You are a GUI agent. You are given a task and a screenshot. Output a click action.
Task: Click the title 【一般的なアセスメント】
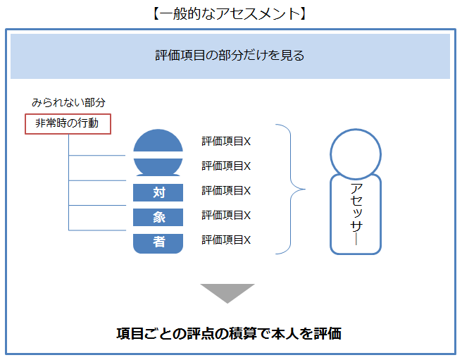[x=230, y=13]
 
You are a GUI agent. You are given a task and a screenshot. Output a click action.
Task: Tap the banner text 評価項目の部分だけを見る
[x=230, y=55]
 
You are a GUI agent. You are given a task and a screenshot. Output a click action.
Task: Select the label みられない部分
[x=68, y=103]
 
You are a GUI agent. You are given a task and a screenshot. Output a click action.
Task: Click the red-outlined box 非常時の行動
[x=67, y=123]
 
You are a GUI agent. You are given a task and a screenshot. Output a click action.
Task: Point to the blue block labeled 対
[x=158, y=192]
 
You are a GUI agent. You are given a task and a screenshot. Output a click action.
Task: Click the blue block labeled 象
[x=158, y=217]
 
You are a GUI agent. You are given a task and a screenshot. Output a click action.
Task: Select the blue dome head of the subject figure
[x=158, y=142]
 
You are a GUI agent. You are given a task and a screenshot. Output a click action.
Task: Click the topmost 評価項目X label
[x=226, y=142]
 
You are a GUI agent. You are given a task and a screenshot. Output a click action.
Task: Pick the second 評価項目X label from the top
[x=226, y=166]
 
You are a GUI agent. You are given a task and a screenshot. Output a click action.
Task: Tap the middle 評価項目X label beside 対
[x=226, y=191]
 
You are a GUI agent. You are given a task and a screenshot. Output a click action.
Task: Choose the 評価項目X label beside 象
[x=226, y=216]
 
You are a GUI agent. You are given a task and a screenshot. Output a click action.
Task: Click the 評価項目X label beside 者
[x=226, y=240]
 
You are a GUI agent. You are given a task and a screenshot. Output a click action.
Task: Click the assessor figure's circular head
[x=356, y=154]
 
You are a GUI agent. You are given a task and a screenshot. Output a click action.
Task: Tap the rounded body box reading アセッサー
[x=356, y=213]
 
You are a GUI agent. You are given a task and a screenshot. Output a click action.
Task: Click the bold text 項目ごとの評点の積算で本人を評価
[x=229, y=333]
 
